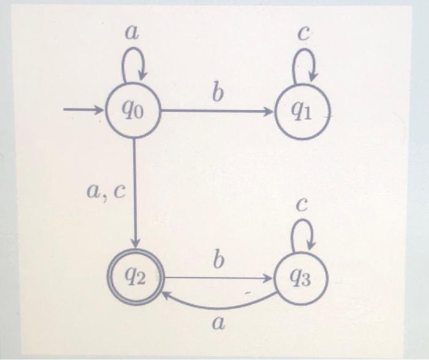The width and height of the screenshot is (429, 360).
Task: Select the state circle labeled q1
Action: pyautogui.click(x=302, y=112)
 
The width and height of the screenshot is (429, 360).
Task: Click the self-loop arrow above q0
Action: pyautogui.click(x=134, y=65)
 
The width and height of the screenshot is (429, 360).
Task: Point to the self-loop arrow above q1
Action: pyautogui.click(x=303, y=66)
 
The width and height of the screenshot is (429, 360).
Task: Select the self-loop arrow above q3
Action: pyautogui.click(x=303, y=234)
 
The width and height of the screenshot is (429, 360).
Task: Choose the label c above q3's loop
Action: pyautogui.click(x=301, y=205)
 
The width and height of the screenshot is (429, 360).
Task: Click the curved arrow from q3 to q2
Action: pyautogui.click(x=221, y=305)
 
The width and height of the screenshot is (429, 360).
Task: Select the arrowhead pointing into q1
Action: pyautogui.click(x=270, y=112)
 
